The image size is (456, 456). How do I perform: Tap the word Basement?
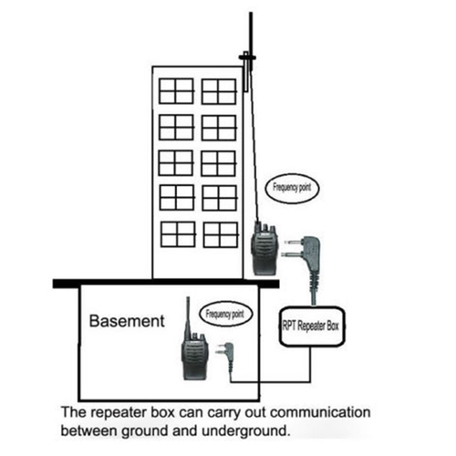tap(128, 321)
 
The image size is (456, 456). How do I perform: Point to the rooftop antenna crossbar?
tap(246, 59)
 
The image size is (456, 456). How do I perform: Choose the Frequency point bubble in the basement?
tap(224, 314)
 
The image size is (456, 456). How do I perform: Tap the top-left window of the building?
tap(177, 90)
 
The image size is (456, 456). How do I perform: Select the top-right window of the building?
tap(219, 90)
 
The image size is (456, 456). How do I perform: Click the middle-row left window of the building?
tap(176, 162)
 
